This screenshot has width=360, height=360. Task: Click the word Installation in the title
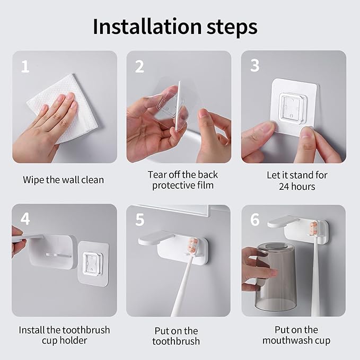(x=147, y=27)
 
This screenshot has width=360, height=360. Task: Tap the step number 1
(x=25, y=67)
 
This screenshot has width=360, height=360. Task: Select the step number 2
(x=139, y=67)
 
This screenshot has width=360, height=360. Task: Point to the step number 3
(x=254, y=66)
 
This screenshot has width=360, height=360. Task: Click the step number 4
(x=25, y=219)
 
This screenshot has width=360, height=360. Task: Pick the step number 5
(x=140, y=219)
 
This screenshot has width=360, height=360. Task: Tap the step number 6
(x=255, y=219)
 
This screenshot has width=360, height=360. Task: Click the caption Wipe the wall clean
(x=64, y=180)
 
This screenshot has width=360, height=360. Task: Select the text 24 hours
(x=297, y=187)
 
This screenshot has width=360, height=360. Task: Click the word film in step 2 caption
(x=206, y=185)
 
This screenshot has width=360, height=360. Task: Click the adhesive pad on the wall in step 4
(x=93, y=264)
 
